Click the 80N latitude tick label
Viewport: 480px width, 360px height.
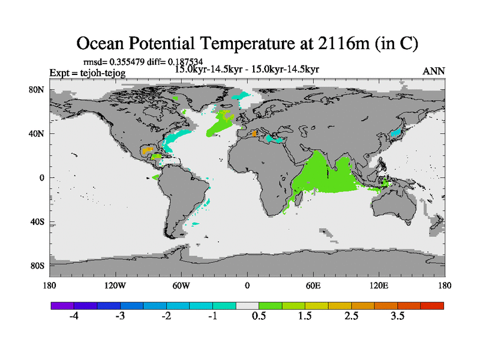(38, 89)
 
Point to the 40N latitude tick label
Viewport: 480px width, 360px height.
(38, 134)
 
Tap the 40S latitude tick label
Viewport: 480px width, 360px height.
(38, 221)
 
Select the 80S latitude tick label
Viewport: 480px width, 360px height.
(38, 265)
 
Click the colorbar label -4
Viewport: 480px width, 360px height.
(73, 316)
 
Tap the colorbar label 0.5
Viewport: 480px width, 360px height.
(259, 316)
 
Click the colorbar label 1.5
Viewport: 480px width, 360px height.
(305, 316)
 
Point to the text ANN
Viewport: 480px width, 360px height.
(434, 71)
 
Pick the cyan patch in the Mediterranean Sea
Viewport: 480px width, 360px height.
(277, 140)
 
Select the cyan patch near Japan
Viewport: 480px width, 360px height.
(395, 131)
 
